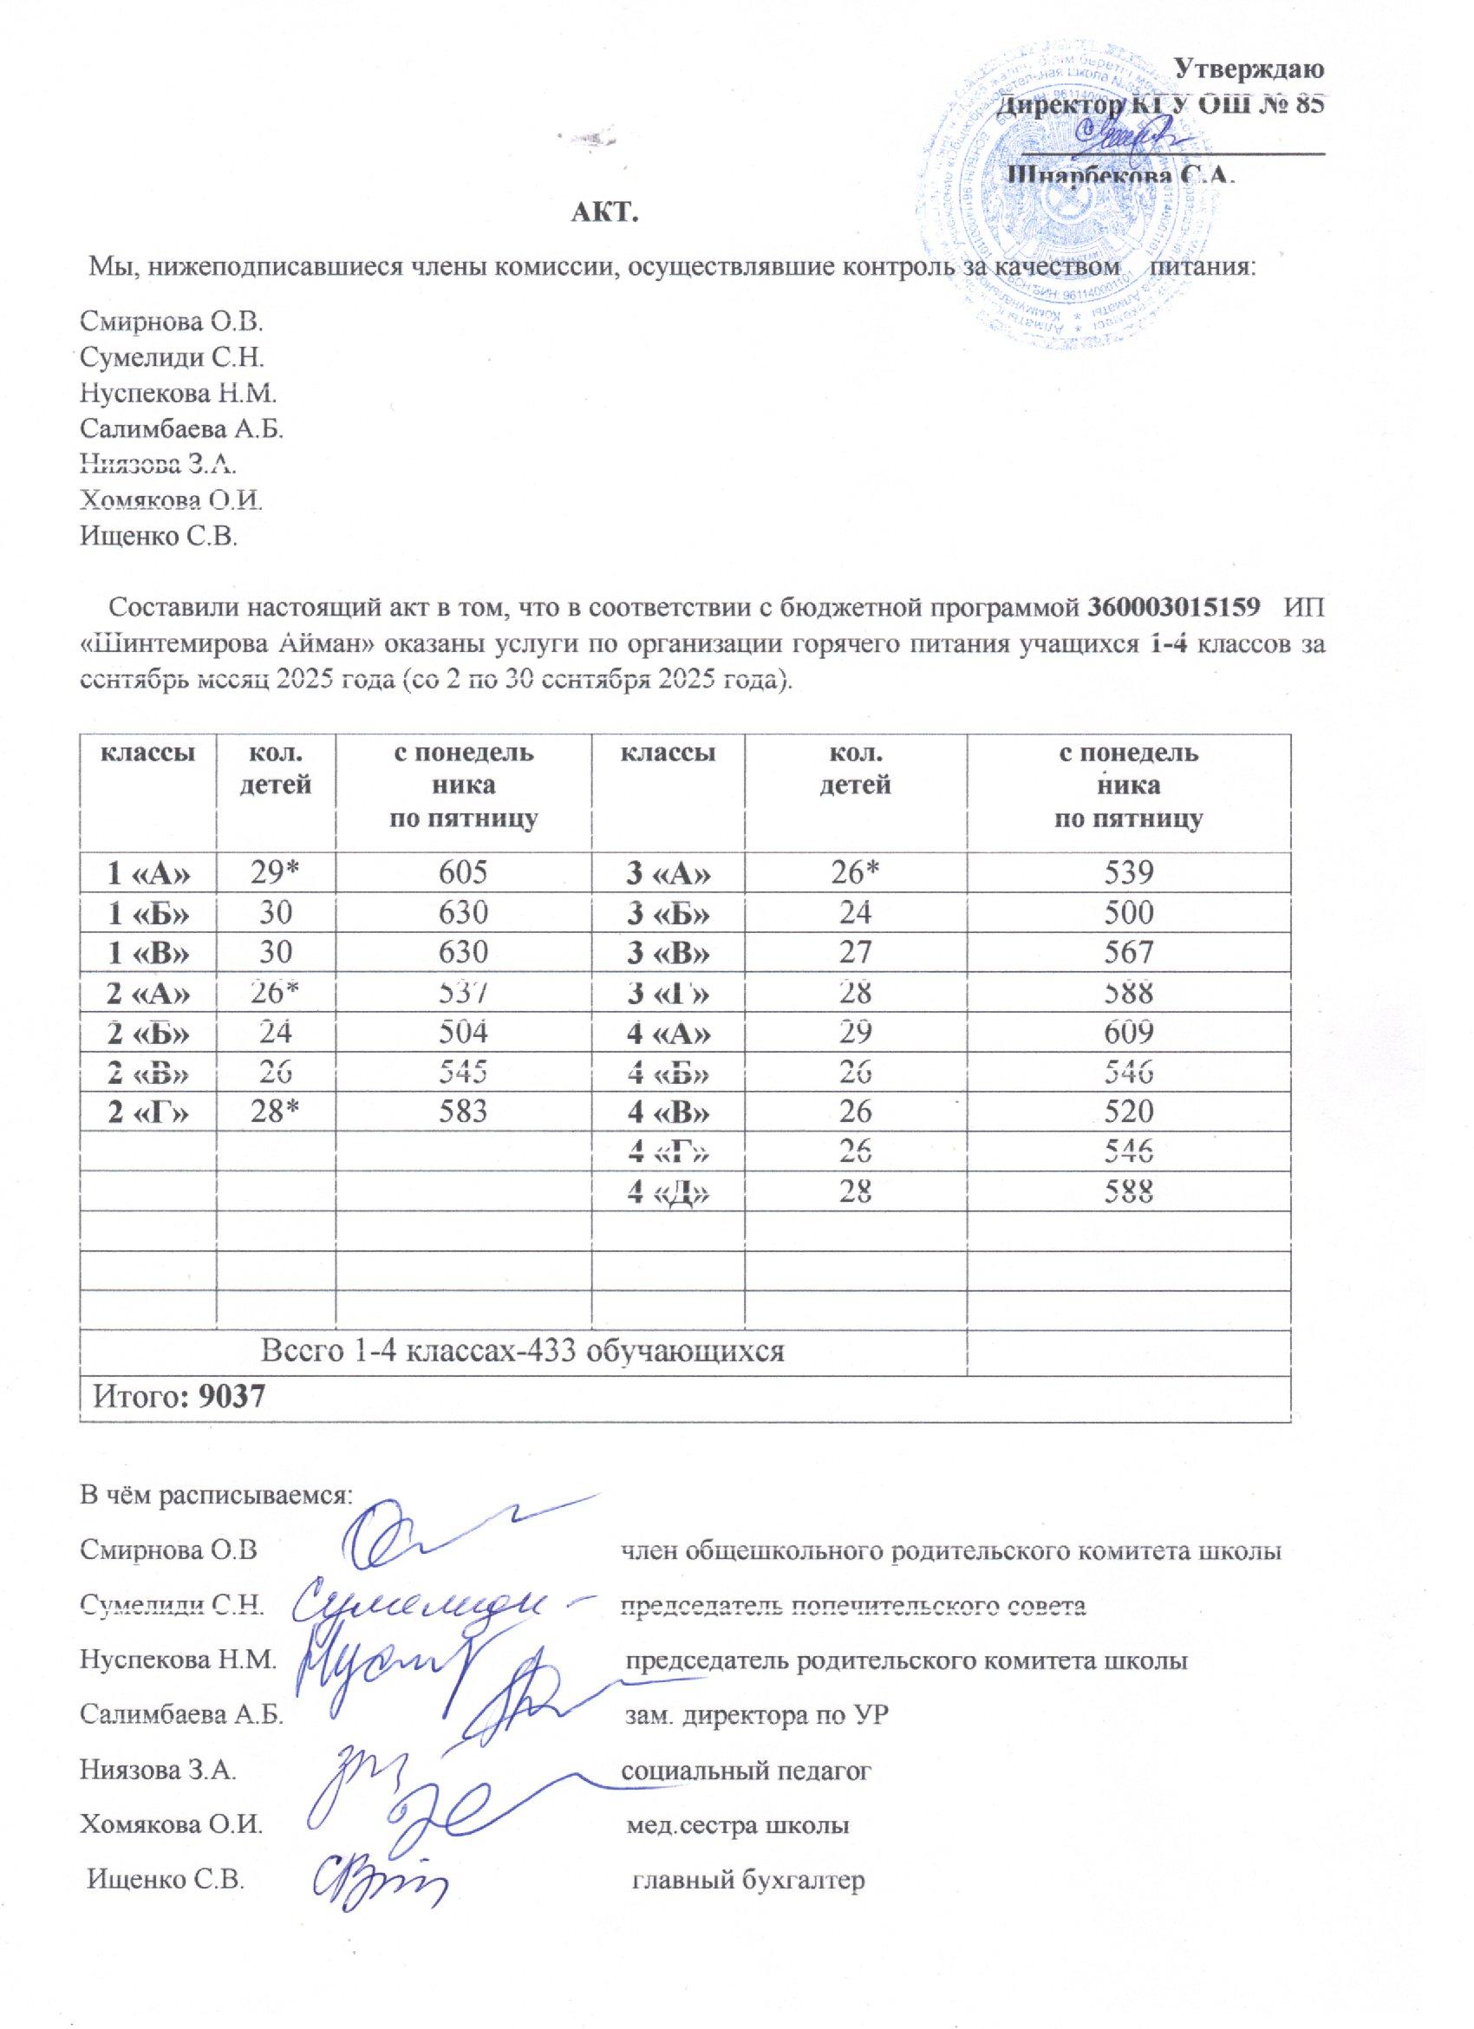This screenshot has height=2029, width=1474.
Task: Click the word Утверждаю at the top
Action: pos(1249,68)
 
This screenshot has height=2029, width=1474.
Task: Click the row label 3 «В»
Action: pos(669,953)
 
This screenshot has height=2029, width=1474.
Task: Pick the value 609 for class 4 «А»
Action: pos(1129,1033)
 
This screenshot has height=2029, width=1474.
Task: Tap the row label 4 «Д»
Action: pos(669,1191)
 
